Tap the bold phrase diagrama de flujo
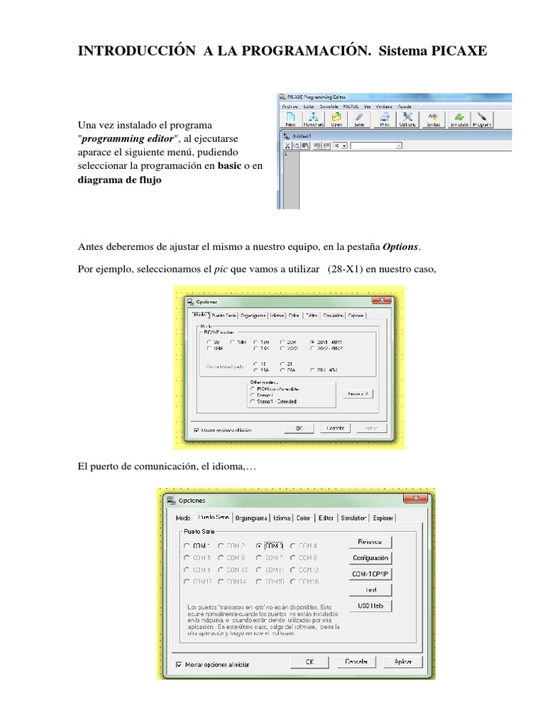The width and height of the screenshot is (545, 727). tap(119, 180)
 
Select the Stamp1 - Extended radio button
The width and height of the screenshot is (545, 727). tap(252, 402)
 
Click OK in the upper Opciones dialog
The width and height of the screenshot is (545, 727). tap(299, 428)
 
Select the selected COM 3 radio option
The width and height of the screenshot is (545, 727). tap(258, 546)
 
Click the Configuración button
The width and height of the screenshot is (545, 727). tap(370, 558)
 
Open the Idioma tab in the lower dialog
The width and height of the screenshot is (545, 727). tap(282, 518)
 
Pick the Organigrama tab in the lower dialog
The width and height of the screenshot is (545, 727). tap(252, 518)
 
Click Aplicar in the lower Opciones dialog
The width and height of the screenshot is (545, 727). tap(398, 661)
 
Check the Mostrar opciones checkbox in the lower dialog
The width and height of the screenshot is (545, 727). tap(179, 665)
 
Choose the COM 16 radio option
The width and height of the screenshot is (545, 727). tap(293, 581)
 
